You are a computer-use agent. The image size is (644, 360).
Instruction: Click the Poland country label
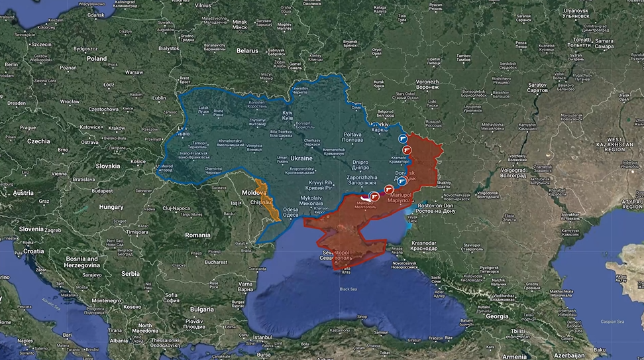tap(96, 58)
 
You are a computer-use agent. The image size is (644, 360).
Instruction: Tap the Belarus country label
tap(247, 50)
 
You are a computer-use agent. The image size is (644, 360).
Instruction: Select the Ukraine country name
tap(301, 158)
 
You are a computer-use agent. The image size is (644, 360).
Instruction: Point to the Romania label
tap(197, 235)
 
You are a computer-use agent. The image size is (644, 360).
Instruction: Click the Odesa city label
tap(290, 212)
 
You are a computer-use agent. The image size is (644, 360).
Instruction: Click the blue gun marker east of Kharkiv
tap(402, 139)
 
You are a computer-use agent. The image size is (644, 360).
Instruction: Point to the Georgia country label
tap(497, 316)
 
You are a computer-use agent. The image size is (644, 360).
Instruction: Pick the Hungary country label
tap(111, 206)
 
